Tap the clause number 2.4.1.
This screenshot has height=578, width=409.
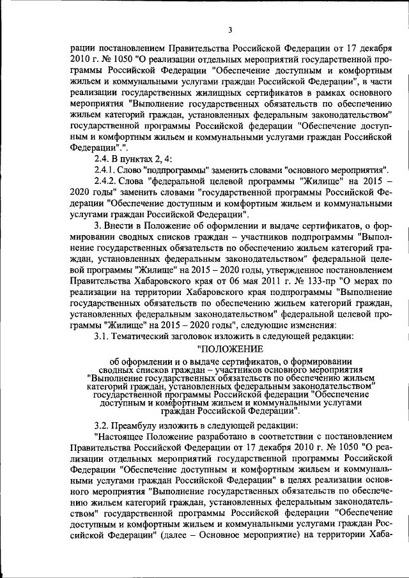(x=107, y=171)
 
